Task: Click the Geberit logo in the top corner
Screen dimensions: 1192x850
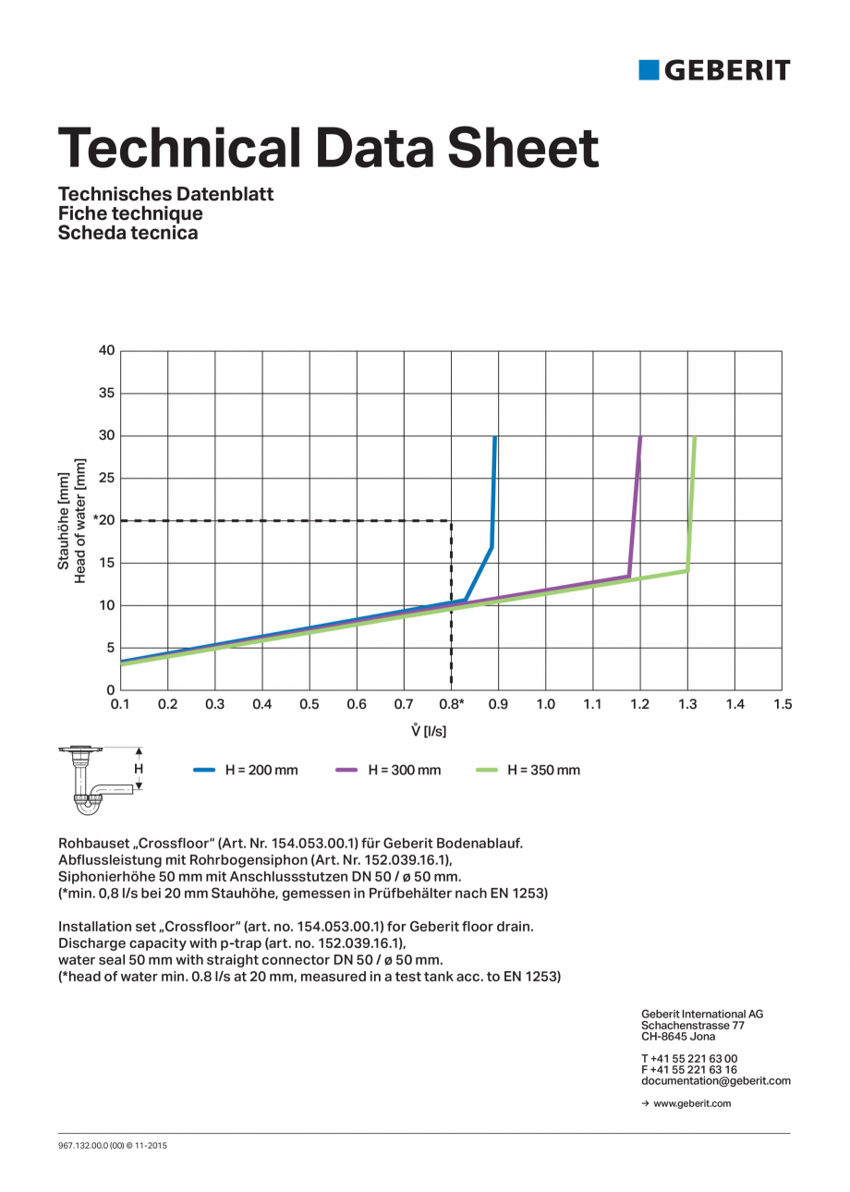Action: pos(714,70)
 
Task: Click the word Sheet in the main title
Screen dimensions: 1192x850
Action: pos(523,147)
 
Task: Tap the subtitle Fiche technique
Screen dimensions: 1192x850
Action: pos(130,213)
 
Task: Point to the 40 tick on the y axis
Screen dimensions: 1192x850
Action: pos(106,350)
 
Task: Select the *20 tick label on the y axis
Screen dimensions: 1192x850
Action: pos(103,520)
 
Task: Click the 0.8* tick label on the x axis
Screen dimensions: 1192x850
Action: pos(452,704)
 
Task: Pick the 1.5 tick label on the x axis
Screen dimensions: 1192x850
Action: pos(783,704)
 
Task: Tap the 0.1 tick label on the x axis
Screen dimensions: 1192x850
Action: pos(121,704)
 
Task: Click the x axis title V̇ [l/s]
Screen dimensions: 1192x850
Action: pos(429,731)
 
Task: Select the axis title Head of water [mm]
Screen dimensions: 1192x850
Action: pos(80,520)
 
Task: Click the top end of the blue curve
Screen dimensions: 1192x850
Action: pos(495,438)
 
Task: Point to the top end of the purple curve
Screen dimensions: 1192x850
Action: pos(640,438)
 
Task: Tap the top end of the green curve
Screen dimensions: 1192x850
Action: pos(694,438)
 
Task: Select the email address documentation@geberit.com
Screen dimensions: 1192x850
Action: pos(716,1080)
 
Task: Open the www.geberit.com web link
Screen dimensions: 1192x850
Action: pos(691,1103)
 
